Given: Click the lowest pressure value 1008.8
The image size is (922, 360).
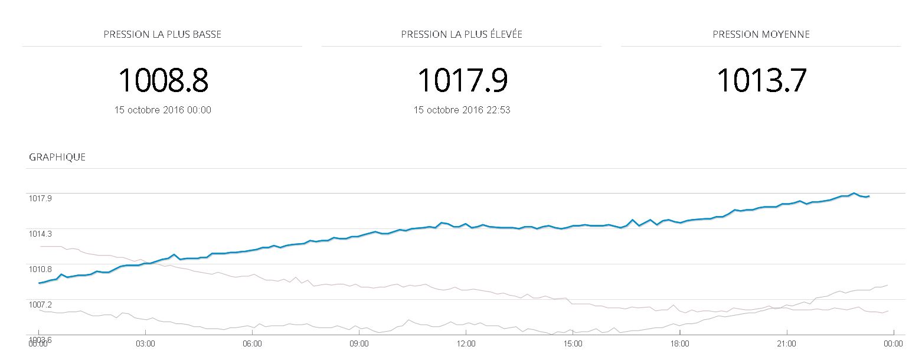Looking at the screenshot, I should coord(163,80).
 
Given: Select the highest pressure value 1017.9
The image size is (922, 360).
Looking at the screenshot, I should coord(462,80).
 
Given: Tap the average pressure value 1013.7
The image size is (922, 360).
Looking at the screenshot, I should coord(761,80).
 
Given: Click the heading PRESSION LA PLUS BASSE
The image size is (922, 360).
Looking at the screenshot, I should coord(162,34).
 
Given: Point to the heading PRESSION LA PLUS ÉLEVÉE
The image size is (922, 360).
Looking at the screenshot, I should coord(462,34).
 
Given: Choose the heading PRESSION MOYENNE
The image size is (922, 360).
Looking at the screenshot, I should coord(761,34).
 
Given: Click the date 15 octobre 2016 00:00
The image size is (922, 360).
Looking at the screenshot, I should coord(163,110).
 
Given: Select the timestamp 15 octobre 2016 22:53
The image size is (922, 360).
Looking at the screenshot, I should coord(462,110).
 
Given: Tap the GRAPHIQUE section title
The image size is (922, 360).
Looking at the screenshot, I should coord(57,157).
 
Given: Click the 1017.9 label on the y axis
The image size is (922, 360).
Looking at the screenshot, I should coord(40,198).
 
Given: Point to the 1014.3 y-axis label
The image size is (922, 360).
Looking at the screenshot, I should coord(40,234).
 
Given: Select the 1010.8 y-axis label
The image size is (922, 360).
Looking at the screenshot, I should coord(40,269).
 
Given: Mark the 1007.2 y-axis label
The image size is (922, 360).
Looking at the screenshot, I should coord(40,305).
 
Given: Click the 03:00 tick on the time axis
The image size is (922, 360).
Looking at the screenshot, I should coord(145,343).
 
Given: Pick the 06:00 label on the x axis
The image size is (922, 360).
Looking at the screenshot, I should coord(252,343).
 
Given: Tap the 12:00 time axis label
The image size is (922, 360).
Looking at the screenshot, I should coord(466,343).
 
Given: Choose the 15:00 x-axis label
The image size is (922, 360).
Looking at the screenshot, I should coord(573,343).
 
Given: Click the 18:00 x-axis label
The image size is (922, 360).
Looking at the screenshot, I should coord(679,343).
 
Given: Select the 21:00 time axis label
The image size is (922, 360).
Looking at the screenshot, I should coord(786,343).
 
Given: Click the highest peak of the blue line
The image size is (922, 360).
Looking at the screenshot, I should coord(854,193).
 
